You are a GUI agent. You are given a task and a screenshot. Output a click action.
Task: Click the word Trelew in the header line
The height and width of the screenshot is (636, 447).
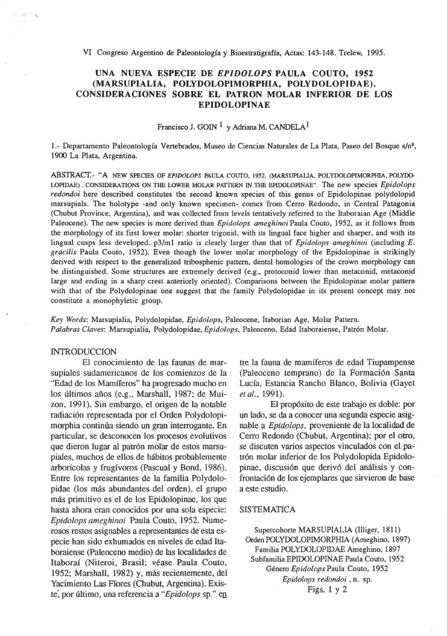(344, 56)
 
